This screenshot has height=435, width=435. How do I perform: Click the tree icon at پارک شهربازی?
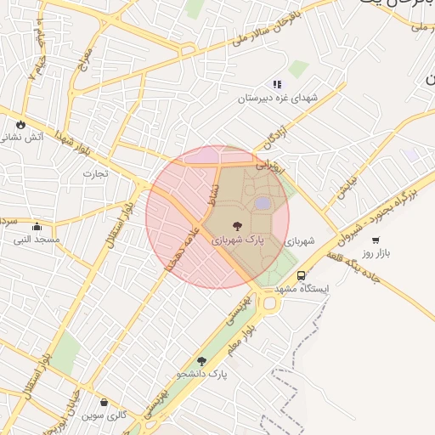pos(236,227)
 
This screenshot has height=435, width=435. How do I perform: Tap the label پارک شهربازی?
pos(238,241)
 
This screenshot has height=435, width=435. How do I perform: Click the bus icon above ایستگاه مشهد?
pos(302,275)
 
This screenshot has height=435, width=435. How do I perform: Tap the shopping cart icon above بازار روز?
pos(376,240)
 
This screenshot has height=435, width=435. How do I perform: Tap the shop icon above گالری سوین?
pos(105,402)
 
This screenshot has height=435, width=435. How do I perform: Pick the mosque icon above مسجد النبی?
pos(37,227)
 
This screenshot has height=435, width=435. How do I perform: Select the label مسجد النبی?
pos(36,240)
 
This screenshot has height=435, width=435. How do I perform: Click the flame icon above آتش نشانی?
pos(20,124)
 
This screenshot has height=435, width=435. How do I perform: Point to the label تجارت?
pos(95,173)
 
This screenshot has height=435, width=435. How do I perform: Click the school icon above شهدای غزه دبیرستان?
pos(276,85)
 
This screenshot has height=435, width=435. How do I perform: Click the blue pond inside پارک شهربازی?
pos(263,203)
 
